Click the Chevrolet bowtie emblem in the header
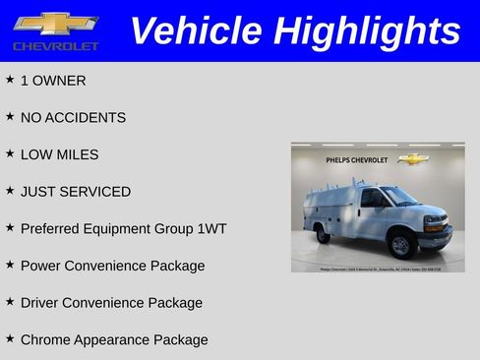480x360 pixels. (55, 24)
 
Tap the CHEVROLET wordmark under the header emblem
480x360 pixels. (56, 46)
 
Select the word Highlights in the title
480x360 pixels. (368, 30)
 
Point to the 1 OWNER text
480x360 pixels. (53, 81)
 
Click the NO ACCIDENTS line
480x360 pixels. (73, 118)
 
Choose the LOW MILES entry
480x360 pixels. (59, 154)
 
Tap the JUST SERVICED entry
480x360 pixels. (75, 192)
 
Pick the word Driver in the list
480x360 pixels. (40, 303)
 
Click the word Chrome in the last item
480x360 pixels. (45, 340)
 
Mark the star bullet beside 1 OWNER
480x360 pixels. (10, 80)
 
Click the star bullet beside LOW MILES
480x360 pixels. (10, 153)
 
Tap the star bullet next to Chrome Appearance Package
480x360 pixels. (10, 338)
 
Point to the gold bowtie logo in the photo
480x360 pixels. (413, 158)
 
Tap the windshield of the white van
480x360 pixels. (403, 197)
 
